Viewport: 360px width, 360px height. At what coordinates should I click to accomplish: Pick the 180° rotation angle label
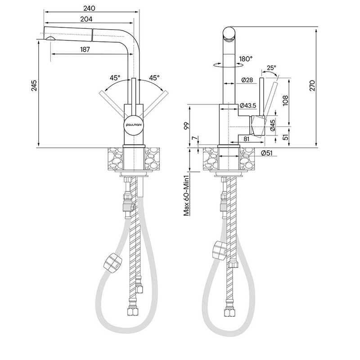[x=246, y=58]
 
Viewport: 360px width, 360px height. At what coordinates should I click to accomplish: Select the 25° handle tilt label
[x=271, y=67]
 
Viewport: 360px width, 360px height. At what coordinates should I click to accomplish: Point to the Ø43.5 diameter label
[x=248, y=105]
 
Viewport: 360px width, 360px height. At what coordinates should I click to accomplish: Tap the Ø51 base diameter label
[x=267, y=153]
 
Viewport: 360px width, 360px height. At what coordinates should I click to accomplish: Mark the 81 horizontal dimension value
[x=247, y=139]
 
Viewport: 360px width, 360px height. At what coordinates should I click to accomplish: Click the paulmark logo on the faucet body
[x=133, y=126]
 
